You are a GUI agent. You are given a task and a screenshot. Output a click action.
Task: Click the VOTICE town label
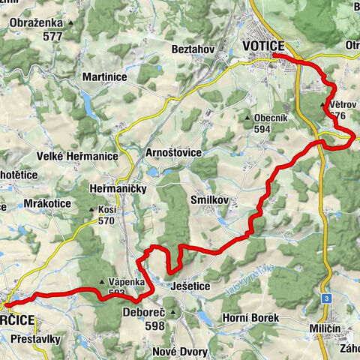tap(264, 46)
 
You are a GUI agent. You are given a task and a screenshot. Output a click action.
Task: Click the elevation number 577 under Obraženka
tap(52, 36)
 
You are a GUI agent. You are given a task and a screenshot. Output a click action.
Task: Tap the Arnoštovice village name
tap(174, 152)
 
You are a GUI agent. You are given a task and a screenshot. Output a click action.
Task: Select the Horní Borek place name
tap(250, 318)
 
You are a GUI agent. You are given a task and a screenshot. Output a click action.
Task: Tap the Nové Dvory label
tap(177, 352)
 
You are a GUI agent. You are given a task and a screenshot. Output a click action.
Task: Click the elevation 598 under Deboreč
tap(155, 326)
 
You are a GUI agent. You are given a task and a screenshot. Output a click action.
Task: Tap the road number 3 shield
tap(327, 298)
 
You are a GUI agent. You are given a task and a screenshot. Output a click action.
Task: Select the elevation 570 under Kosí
tap(106, 220)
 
